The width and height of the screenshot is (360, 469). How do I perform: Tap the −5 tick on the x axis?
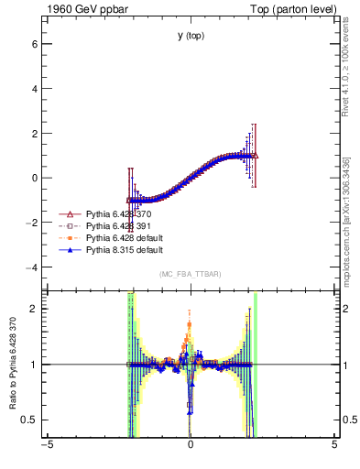[x=47, y=446]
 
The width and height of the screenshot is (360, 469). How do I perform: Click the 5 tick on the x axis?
[x=334, y=446]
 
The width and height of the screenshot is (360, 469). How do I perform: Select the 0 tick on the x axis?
[x=191, y=446]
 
